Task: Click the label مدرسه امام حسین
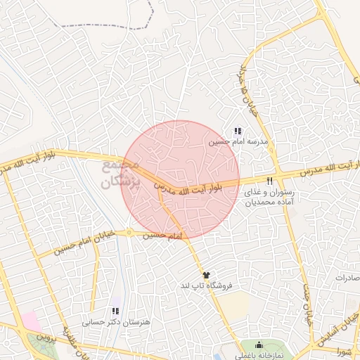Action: pos(235,141)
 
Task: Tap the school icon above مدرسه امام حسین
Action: pos(238,131)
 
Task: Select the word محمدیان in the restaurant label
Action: pos(262,201)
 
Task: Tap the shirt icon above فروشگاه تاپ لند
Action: pos(205,275)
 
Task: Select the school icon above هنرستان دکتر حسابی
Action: pos(116,311)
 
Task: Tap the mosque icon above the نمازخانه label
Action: pos(259,345)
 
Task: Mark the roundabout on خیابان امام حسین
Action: pos(129,233)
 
